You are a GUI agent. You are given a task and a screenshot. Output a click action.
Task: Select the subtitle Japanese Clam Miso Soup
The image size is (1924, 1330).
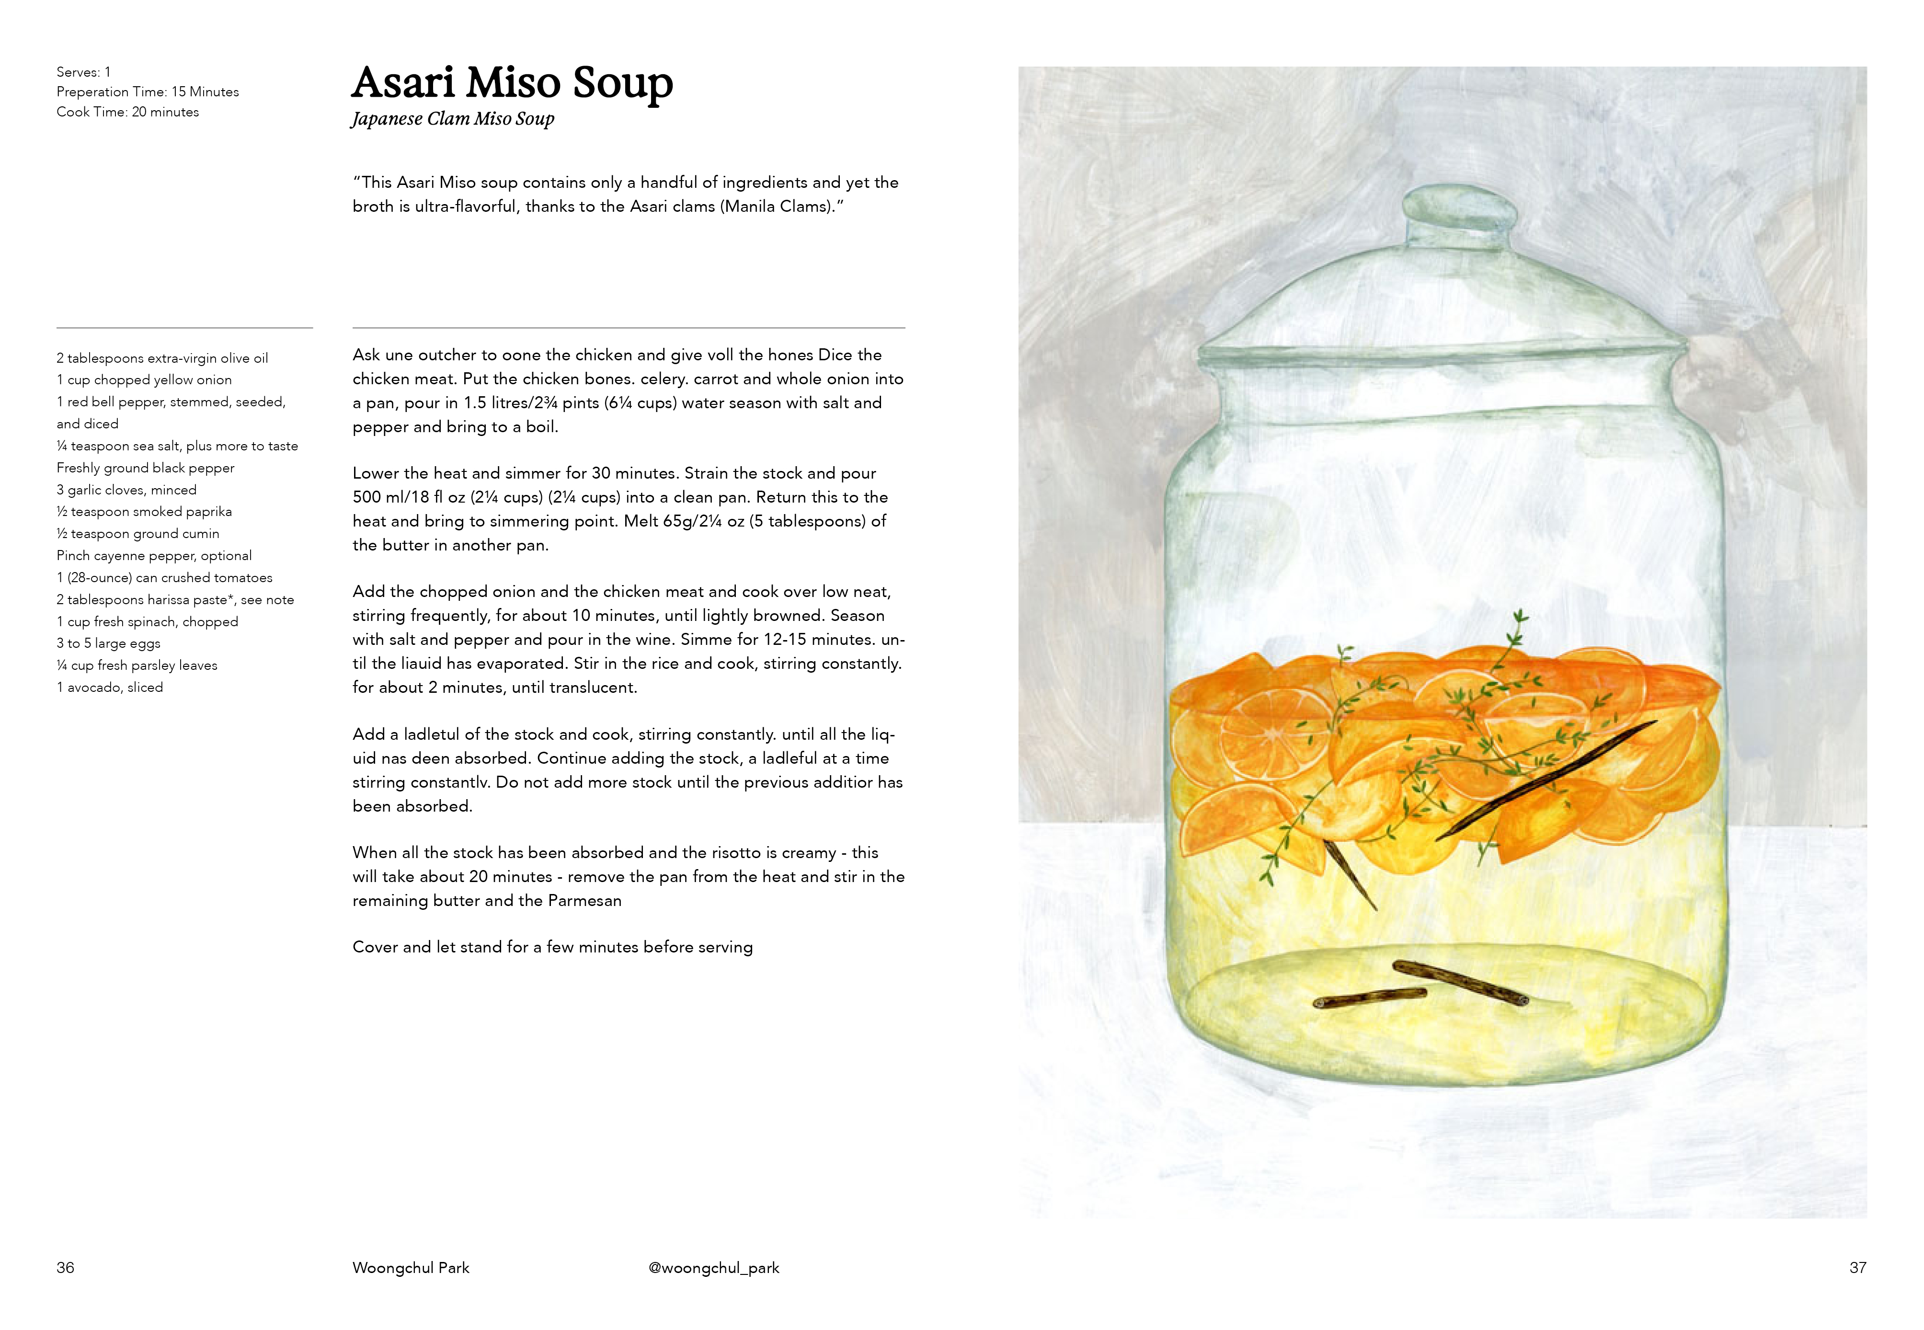click(452, 119)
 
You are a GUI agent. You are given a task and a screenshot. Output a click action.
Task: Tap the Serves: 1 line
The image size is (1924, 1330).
click(83, 72)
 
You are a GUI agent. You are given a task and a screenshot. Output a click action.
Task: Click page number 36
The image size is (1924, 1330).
click(65, 1268)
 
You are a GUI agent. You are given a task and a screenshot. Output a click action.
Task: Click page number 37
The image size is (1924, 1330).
click(1857, 1268)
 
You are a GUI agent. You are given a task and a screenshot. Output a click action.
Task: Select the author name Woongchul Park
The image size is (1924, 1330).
click(411, 1268)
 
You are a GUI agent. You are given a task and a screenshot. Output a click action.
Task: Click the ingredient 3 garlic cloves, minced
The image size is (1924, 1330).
click(126, 490)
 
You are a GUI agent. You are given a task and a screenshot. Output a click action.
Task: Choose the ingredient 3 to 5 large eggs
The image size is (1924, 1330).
click(108, 643)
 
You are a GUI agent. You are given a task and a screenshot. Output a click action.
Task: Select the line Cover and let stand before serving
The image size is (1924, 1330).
click(552, 948)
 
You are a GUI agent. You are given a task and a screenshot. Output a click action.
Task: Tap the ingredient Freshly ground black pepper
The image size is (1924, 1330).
click(146, 469)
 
